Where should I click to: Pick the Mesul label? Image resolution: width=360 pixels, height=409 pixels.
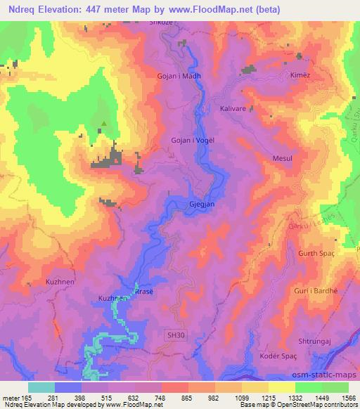click(283, 160)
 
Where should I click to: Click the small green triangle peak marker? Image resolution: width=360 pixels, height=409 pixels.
click(104, 126)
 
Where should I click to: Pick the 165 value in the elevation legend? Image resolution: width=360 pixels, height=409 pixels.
click(27, 398)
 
